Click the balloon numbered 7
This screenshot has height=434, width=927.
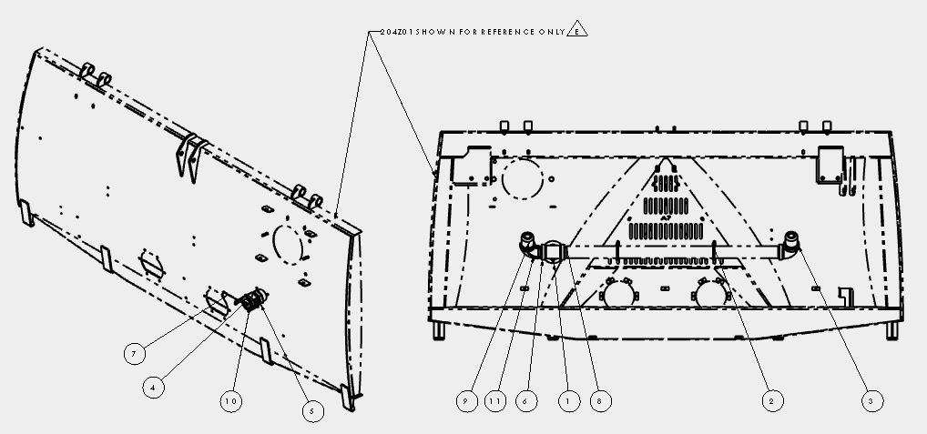pos(135,354)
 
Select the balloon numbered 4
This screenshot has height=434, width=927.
pos(153,388)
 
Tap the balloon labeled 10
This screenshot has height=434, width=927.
pos(231,401)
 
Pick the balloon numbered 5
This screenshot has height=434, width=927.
pos(312,411)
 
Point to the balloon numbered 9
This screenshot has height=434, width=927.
pos(466,401)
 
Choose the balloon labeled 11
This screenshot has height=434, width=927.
pos(495,401)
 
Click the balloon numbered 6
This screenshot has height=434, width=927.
pos(526,401)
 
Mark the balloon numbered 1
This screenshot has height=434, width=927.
pos(569,401)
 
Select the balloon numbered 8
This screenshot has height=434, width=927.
pos(601,401)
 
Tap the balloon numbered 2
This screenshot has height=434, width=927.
pos(771,401)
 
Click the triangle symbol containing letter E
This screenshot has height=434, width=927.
pos(577,29)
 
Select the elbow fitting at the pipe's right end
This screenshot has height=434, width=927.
pos(789,245)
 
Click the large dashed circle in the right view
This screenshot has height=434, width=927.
pos(522,177)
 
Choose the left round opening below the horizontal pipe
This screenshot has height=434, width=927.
pos(618,292)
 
